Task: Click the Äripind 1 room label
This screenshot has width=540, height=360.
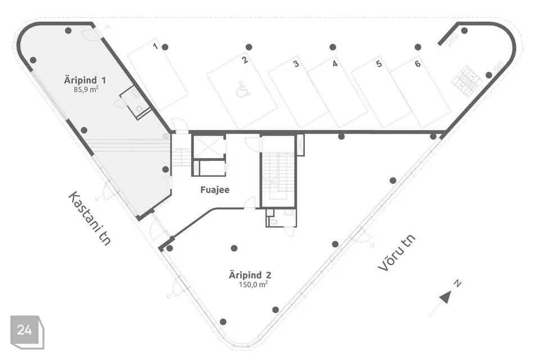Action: point(85,80)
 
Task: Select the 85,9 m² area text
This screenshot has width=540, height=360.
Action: point(85,89)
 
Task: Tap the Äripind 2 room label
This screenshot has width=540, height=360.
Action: point(250,275)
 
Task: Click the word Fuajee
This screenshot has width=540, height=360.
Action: point(215,190)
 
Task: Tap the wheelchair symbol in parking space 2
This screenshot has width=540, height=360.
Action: point(242,89)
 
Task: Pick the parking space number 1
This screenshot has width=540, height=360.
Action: point(155,46)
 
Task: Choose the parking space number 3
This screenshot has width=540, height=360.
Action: point(295,64)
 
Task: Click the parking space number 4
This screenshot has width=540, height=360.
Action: point(335,64)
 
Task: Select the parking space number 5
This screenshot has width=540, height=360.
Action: point(379,64)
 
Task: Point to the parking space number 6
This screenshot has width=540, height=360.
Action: point(417,64)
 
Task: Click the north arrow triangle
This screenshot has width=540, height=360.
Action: point(445,297)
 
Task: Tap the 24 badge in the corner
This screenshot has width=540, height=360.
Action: point(24,330)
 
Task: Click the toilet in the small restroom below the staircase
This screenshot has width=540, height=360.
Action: point(274,222)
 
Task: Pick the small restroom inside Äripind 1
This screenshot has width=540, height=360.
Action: point(136,102)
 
